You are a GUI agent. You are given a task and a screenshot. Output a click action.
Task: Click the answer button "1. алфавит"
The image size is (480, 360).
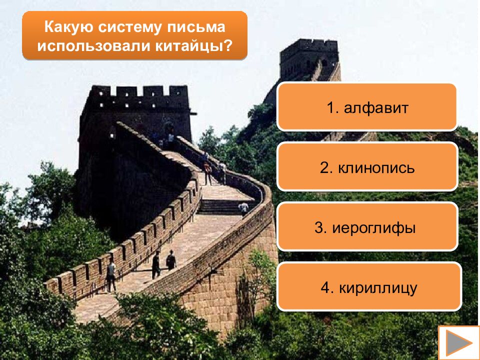click(x=367, y=107)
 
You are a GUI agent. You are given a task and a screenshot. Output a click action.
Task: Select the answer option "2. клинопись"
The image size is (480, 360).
click(x=367, y=167)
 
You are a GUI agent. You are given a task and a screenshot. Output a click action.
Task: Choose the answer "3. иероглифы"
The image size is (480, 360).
click(x=367, y=227)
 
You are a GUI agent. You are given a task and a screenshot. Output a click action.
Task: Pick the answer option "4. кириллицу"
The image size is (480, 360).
click(x=369, y=287)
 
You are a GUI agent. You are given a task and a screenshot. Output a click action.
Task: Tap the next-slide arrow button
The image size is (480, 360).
click(x=458, y=343)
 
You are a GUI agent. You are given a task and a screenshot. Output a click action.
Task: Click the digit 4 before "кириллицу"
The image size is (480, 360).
click(x=325, y=288)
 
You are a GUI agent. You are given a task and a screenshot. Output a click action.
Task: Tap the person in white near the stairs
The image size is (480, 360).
click(x=243, y=208)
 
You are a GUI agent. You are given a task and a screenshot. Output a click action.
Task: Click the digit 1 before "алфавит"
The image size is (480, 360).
click(x=330, y=107)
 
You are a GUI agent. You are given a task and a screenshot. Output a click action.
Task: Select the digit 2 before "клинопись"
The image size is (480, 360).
click(x=324, y=167)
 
